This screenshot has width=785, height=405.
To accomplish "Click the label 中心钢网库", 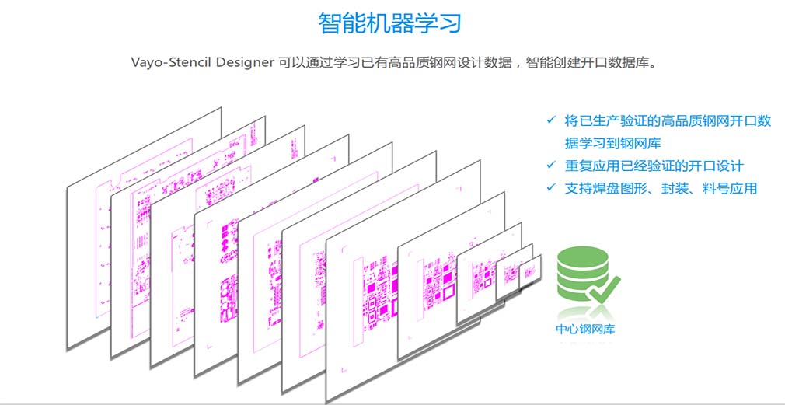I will click(x=585, y=329).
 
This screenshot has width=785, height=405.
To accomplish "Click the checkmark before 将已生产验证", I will click(x=551, y=120).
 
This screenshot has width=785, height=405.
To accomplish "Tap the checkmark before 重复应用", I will click(x=551, y=166).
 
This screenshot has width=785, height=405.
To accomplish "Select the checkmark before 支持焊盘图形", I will click(x=551, y=188).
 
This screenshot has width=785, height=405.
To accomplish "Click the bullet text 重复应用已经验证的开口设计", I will click(x=654, y=166).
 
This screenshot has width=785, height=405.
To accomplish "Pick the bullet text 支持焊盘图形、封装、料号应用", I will click(x=661, y=188).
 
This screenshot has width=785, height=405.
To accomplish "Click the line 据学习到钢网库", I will click(x=613, y=143).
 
